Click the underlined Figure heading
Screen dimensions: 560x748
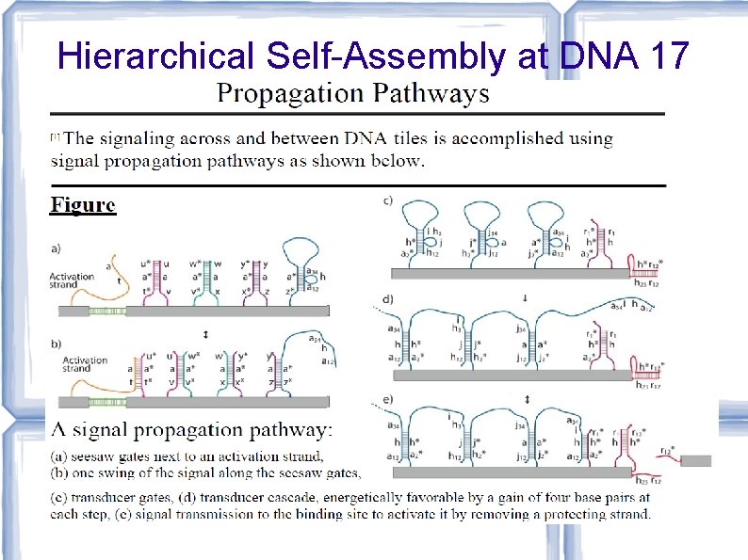coord(83,204)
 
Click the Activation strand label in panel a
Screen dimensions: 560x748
coord(71,280)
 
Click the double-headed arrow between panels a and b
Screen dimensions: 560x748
coord(205,334)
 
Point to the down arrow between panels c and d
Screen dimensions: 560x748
coord(525,299)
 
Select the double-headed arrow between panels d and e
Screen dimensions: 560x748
coord(525,399)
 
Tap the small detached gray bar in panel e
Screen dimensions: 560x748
coord(695,460)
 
